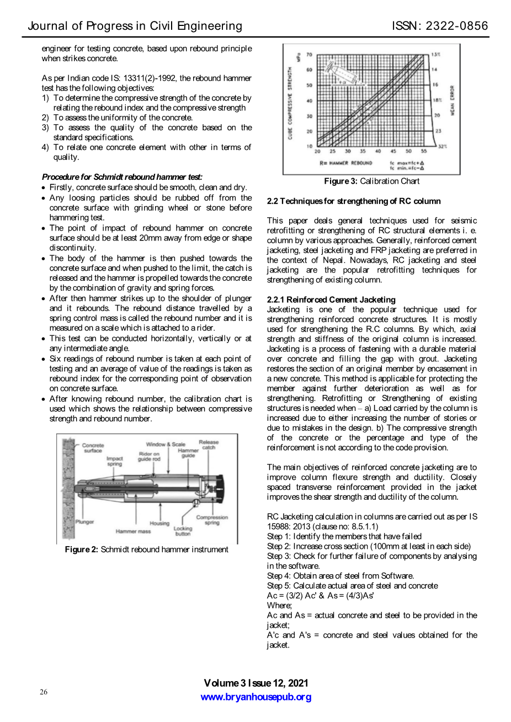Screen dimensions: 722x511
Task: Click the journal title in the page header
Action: click(x=135, y=26)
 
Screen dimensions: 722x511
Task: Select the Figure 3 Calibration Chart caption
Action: click(x=371, y=181)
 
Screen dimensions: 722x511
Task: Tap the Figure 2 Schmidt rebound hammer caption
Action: click(x=146, y=549)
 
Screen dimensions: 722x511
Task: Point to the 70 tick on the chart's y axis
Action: click(x=309, y=55)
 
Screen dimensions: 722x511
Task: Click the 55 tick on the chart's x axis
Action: click(x=424, y=151)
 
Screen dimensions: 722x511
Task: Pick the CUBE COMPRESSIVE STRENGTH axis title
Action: click(x=290, y=103)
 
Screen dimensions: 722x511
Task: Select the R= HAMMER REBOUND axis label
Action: click(x=346, y=163)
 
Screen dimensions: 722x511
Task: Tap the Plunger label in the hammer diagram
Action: click(x=84, y=521)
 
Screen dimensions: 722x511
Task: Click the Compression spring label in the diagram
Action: click(x=212, y=520)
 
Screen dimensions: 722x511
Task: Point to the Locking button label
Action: click(x=183, y=531)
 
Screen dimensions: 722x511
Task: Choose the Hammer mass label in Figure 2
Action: click(x=133, y=531)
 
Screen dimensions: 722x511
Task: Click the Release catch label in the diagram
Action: click(x=209, y=445)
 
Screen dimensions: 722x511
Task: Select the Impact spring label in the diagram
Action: click(x=115, y=461)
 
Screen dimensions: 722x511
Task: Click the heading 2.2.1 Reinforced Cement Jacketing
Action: click(x=331, y=300)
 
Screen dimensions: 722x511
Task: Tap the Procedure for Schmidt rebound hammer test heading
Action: click(x=122, y=177)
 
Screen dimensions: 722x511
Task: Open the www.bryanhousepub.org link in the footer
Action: click(x=255, y=697)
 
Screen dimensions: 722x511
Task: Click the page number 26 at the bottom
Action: click(x=44, y=692)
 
